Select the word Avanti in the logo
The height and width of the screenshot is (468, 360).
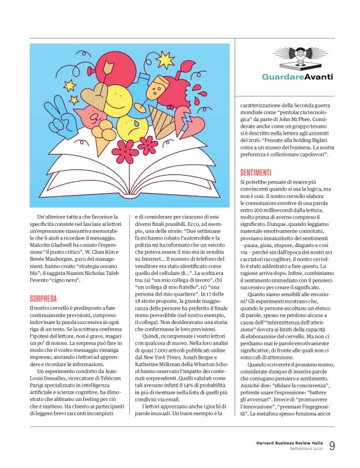click(319, 77)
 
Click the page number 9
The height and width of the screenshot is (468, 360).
click(332, 445)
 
